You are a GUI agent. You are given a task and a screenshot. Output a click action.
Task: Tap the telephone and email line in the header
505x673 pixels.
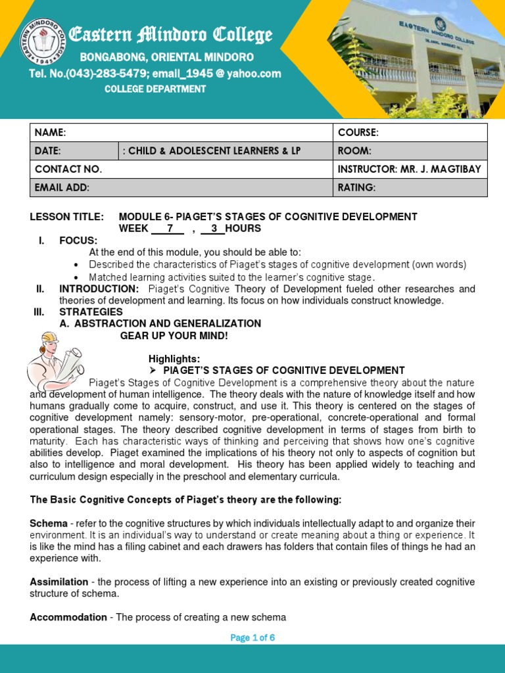point(155,74)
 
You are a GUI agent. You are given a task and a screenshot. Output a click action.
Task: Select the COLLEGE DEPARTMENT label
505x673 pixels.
point(155,89)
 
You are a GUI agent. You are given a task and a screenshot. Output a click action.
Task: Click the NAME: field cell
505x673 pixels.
point(181,133)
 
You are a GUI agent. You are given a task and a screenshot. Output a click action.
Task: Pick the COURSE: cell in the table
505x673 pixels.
point(410,133)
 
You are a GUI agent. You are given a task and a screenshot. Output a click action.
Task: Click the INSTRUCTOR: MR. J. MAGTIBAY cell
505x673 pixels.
point(410,170)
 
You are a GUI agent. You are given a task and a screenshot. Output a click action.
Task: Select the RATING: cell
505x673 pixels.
point(410,188)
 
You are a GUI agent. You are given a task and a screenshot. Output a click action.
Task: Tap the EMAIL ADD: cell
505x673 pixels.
point(181,188)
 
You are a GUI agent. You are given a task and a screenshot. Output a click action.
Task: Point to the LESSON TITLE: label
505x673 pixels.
point(67,217)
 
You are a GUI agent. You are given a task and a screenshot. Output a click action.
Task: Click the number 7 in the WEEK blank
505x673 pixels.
point(170,229)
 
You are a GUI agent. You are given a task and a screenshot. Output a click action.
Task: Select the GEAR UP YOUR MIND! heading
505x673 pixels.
point(174,336)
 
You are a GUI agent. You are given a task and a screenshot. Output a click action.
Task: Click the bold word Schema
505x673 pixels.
point(49,524)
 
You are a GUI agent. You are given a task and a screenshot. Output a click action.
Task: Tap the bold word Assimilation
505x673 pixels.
point(59,582)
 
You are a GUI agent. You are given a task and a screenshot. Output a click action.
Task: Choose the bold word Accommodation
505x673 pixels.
point(68,617)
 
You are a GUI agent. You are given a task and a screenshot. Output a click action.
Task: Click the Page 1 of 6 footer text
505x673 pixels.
point(252,638)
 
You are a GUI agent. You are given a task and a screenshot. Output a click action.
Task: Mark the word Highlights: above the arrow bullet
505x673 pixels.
point(174,359)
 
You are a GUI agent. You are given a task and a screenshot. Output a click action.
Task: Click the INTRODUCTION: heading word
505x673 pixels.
point(99,289)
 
